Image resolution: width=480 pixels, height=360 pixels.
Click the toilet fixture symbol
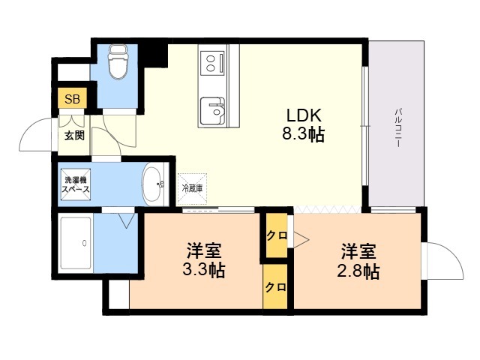tap(118, 61)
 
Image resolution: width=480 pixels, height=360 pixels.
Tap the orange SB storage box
tap(73, 98)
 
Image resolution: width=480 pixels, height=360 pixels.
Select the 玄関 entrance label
tap(74, 135)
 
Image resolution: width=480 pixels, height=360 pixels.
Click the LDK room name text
tap(303, 115)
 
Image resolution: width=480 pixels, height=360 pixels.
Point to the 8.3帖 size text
tap(303, 134)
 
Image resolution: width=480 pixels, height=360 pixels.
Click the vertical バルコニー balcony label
tap(397, 128)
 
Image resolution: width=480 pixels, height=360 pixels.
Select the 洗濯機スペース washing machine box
tap(76, 184)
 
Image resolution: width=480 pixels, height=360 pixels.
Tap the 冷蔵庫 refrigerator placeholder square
tap(193, 189)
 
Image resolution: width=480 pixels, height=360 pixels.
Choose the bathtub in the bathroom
tap(76, 243)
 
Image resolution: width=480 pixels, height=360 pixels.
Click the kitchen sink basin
tap(213, 111)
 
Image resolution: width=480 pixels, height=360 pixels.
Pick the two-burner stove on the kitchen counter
tap(211, 63)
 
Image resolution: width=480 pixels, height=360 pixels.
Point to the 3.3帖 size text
tap(204, 270)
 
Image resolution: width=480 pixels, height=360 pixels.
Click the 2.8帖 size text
tap(358, 271)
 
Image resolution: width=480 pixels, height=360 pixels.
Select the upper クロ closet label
tap(277, 235)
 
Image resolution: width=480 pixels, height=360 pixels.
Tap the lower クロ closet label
tap(276, 287)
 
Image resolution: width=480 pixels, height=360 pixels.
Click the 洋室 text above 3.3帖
tap(204, 250)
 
